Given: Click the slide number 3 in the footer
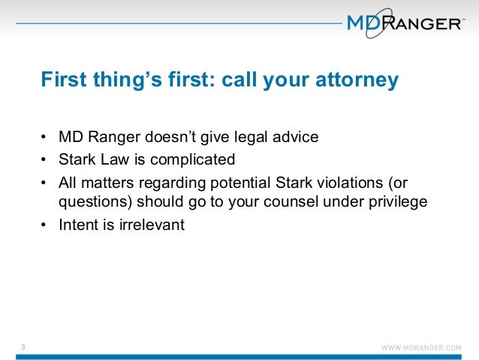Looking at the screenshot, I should point(23,346).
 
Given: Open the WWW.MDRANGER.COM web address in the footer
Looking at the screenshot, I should point(421,348).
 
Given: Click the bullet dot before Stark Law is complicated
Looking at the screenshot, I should point(44,160).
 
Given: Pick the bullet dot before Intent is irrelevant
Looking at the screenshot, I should point(44,225).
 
